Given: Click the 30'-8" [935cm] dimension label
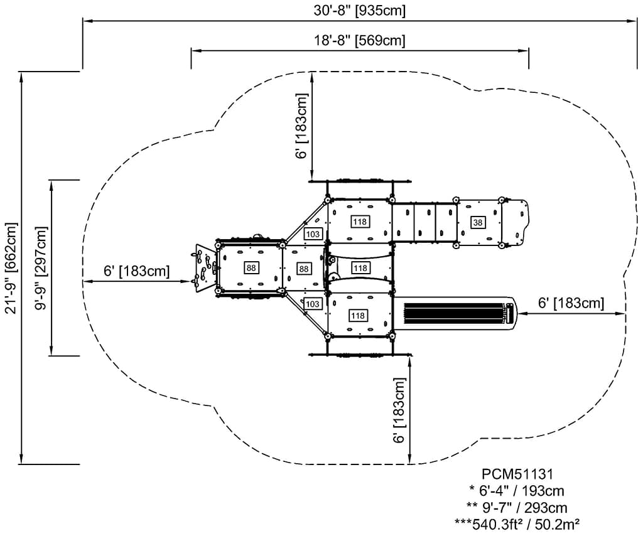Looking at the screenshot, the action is [x=360, y=10].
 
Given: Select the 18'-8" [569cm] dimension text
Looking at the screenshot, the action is [x=360, y=41].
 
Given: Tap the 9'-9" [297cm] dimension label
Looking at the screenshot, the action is [x=41, y=268].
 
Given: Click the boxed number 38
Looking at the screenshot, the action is [x=478, y=223].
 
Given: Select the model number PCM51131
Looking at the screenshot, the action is [x=517, y=474].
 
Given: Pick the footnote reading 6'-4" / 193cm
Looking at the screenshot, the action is [x=517, y=491].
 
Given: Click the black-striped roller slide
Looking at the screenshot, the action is [x=456, y=313].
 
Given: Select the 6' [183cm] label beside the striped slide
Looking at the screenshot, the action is [x=571, y=303].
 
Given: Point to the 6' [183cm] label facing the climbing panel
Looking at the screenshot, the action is [x=136, y=271].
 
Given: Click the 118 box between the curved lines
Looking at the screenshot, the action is [x=360, y=268].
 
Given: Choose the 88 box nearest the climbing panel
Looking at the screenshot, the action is [x=251, y=268].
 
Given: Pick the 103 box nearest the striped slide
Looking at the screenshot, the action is [x=313, y=304].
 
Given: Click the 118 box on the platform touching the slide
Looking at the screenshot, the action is [x=358, y=316].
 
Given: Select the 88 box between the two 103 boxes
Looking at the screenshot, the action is [x=303, y=269].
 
